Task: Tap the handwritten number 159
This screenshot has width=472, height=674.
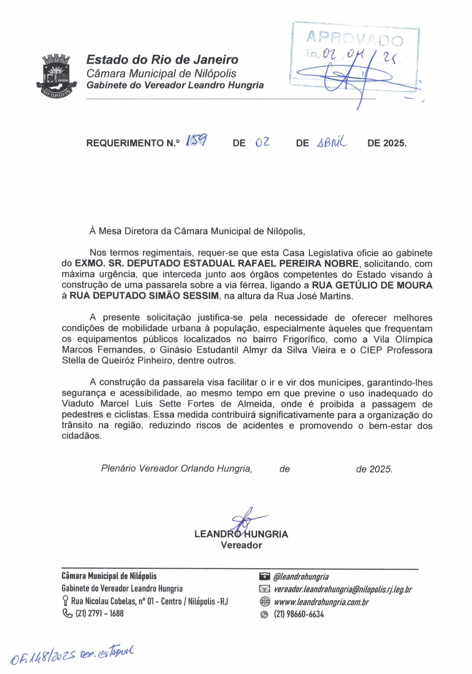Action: [196, 142]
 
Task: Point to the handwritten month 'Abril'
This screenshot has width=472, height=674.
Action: [332, 143]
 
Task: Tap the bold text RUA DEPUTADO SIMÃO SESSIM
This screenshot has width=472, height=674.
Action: [144, 296]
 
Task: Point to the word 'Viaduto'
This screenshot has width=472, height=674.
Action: [78, 404]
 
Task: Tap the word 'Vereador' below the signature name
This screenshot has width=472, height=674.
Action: [241, 545]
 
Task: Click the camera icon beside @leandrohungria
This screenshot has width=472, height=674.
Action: [264, 577]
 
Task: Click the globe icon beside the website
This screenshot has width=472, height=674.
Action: [264, 602]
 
